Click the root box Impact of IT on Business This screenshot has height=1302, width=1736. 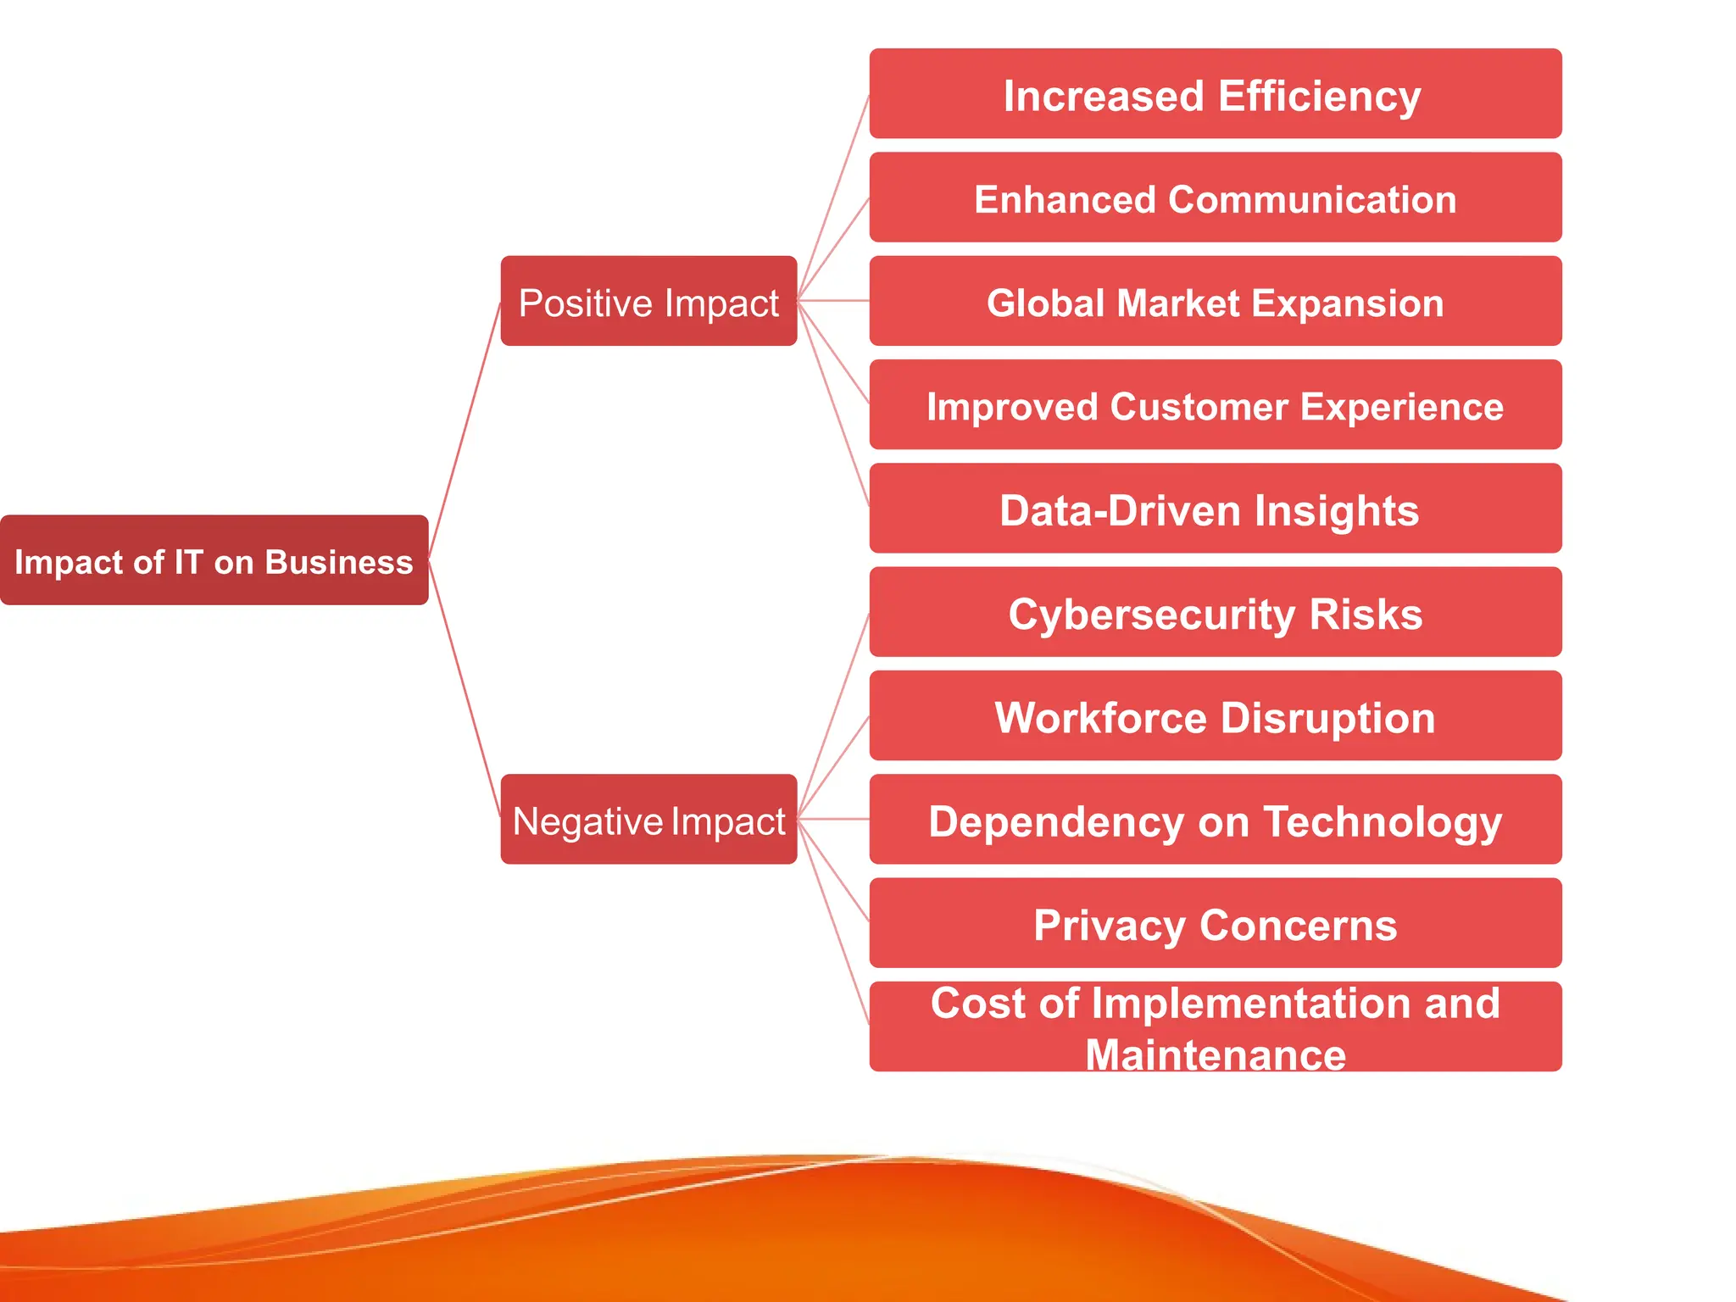[x=214, y=559]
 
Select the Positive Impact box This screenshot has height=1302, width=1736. [x=648, y=301]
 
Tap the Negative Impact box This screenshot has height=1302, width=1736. [x=648, y=819]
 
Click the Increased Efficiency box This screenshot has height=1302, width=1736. [x=1215, y=93]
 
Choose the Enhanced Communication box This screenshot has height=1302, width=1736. [x=1215, y=198]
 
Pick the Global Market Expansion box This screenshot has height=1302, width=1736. [x=1215, y=301]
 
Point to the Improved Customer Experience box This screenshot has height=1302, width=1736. [x=1215, y=404]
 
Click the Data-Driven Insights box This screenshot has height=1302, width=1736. [x=1215, y=509]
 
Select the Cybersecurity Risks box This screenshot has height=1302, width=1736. [x=1215, y=612]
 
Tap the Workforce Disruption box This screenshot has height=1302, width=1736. [x=1215, y=715]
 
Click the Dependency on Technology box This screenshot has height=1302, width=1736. [x=1215, y=819]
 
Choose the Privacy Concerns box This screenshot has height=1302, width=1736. [x=1215, y=923]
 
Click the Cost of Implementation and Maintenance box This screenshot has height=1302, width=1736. [x=1215, y=1027]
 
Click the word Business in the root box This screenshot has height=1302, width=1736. [x=339, y=562]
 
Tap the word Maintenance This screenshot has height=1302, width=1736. [x=1216, y=1055]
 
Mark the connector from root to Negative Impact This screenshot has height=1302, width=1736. [x=465, y=688]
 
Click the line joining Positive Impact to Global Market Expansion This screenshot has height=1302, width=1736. [x=833, y=301]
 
